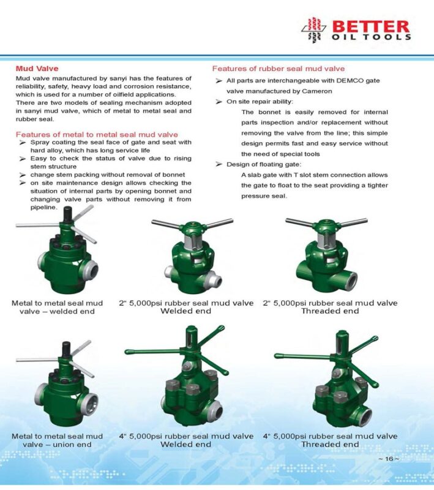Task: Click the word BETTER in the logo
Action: (371, 26)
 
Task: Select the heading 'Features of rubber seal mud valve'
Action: (278, 69)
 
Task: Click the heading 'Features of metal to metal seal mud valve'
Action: (97, 134)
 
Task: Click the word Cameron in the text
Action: (317, 91)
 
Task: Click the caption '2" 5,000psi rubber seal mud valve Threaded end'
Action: (330, 307)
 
